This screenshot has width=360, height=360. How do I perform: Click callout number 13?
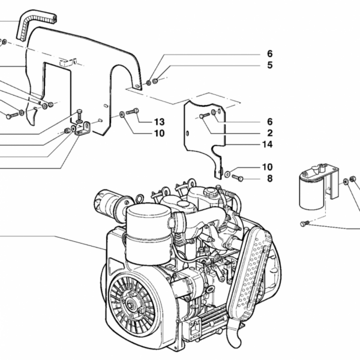pos(159,121)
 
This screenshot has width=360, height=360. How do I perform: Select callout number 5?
pos(270,65)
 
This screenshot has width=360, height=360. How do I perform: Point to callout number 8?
pos(269,178)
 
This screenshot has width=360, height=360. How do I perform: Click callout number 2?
pos(269,133)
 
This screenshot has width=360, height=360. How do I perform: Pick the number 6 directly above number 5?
pos(270,53)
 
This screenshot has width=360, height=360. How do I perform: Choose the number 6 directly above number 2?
pos(269,121)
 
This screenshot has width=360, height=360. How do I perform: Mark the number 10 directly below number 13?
pos(159,133)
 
